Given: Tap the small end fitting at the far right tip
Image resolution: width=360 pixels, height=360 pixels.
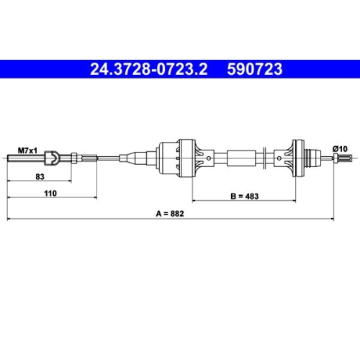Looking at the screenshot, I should click(x=347, y=157).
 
